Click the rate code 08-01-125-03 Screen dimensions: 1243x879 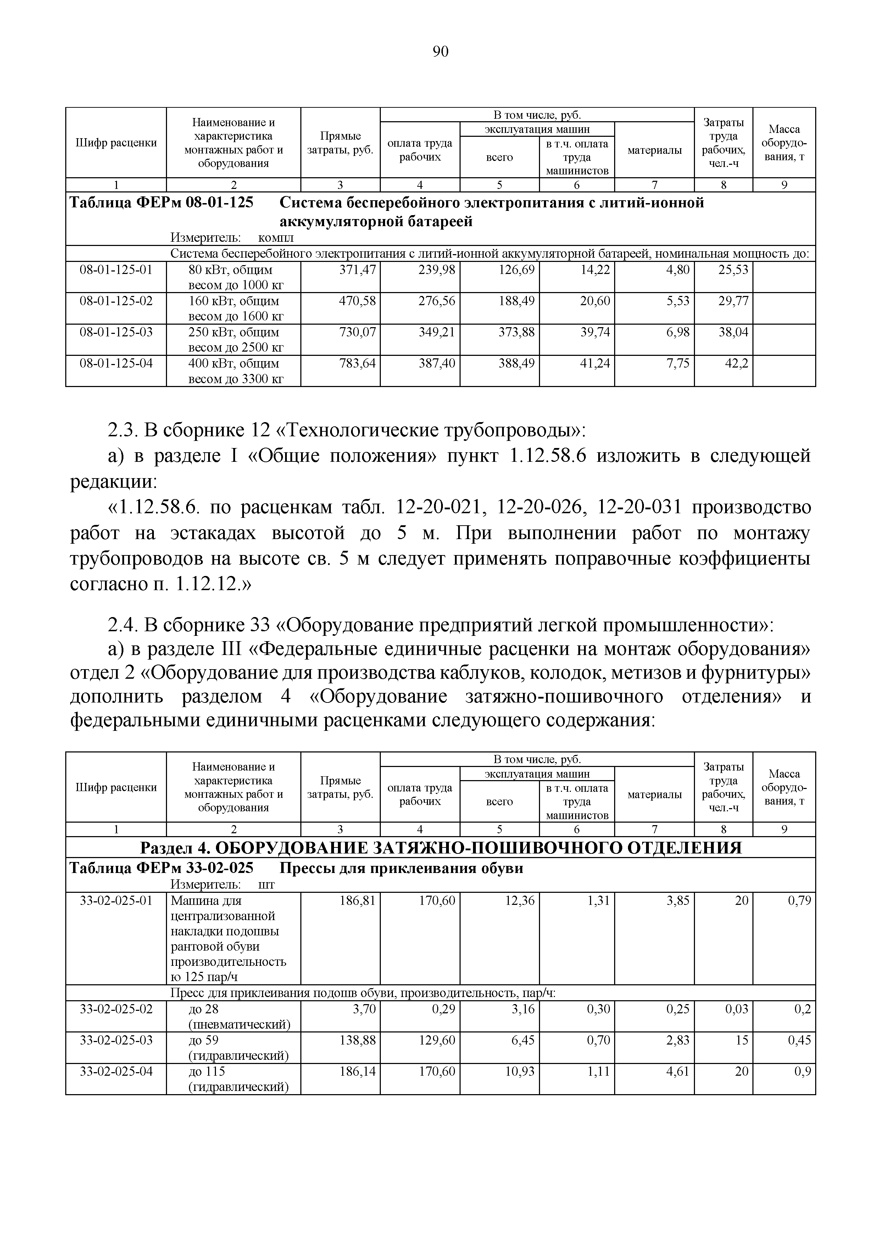click(x=116, y=332)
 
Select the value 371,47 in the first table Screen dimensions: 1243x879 click(x=357, y=269)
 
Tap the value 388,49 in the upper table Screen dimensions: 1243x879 click(x=516, y=363)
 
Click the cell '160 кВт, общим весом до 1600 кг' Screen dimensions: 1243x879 click(x=233, y=308)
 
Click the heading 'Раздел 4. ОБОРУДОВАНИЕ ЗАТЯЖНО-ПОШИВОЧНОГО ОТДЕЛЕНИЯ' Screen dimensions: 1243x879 click(x=440, y=847)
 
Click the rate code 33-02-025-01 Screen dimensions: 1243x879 click(x=116, y=900)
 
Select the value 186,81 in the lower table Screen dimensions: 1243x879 click(x=357, y=900)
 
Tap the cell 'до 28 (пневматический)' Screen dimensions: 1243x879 click(x=233, y=1017)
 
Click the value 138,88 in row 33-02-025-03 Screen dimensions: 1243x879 click(x=357, y=1040)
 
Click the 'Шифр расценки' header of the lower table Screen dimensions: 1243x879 click(x=116, y=787)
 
